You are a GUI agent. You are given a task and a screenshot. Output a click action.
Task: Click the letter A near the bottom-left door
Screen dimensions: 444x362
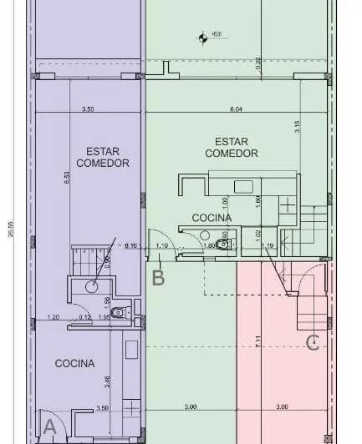[x=49, y=428]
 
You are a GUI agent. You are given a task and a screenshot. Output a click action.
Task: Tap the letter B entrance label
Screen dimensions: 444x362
[x=158, y=278]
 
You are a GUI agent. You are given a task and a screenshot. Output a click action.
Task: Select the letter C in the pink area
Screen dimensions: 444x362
[x=313, y=341]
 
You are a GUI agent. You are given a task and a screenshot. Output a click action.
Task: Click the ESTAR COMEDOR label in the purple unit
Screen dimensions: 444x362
[x=103, y=158]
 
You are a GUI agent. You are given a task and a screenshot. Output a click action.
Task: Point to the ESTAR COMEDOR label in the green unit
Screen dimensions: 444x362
[x=232, y=148]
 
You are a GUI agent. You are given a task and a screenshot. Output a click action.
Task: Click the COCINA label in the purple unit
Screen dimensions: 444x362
[x=74, y=363]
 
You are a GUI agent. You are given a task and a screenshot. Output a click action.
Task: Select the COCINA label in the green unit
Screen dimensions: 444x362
[x=212, y=218]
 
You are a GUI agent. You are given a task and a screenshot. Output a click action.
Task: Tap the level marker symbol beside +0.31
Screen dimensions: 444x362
[x=201, y=37]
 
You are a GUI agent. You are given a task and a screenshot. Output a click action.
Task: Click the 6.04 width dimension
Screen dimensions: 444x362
[x=236, y=109]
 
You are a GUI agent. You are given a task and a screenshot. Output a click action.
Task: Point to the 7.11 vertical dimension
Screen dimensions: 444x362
[x=258, y=340]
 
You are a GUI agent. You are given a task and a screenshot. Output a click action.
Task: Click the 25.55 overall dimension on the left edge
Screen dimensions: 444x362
[x=11, y=228]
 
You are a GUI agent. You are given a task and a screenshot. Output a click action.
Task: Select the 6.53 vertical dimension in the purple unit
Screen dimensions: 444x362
[x=66, y=179]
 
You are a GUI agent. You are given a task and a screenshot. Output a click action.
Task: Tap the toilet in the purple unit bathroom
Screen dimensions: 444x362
[x=118, y=312]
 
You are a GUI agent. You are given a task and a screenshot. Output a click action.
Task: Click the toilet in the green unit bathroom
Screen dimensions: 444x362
[x=222, y=245]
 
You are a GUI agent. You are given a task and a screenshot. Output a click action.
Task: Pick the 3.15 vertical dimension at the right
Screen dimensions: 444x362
[x=297, y=128]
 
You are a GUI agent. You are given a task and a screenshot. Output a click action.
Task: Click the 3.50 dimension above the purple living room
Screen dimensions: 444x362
[x=88, y=109]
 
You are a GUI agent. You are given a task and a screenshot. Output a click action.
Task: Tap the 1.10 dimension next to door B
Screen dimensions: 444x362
[x=162, y=246]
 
